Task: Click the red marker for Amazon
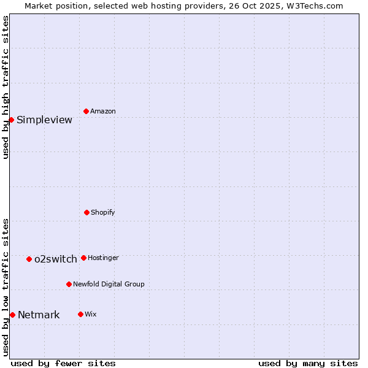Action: pos(86,111)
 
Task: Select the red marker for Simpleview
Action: pos(11,120)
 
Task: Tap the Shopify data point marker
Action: pos(86,212)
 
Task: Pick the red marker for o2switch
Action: pos(29,259)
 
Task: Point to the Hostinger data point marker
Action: pos(83,258)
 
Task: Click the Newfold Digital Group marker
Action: pos(69,284)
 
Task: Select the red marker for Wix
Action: pos(80,314)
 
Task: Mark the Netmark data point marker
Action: pos(12,315)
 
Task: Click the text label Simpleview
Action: pos(44,120)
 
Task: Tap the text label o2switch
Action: pos(56,259)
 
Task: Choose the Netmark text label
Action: pos(39,315)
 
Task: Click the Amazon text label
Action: pos(103,112)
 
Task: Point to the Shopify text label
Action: pos(103,213)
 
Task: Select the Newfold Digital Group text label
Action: pos(109,285)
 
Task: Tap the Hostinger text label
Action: pos(103,258)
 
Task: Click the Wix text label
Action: pos(91,315)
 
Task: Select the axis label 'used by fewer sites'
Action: pos(63,363)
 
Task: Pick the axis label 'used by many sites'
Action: pos(308,363)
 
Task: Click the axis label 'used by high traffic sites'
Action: pos(6,87)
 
